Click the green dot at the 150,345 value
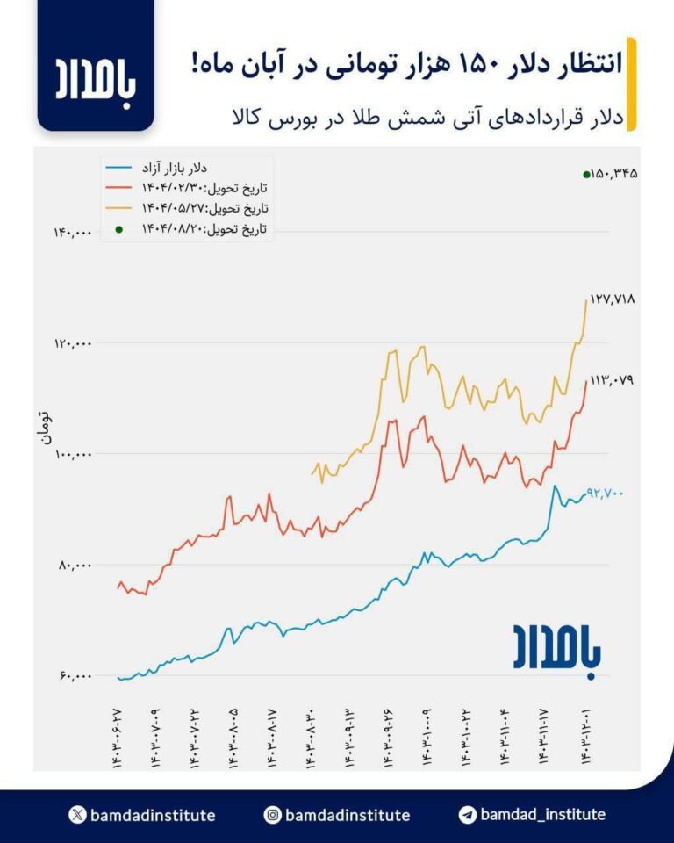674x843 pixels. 586,175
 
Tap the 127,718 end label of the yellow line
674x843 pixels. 613,299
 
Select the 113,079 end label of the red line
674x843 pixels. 613,380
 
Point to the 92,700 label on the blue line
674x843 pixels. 605,494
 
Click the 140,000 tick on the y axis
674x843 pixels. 73,233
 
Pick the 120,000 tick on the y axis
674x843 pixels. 73,343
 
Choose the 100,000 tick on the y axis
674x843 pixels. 73,454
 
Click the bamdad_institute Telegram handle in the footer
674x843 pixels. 542,814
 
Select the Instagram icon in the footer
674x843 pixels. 273,815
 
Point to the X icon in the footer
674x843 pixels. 77,815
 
